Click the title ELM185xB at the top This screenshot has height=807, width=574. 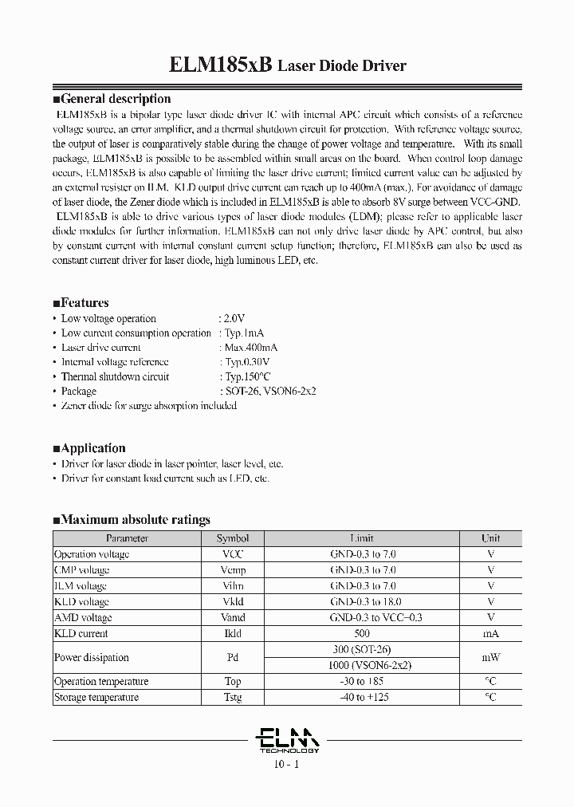click(x=222, y=65)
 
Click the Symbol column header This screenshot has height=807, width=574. click(x=233, y=538)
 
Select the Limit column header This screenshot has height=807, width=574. click(x=361, y=538)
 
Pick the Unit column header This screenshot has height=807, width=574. click(x=490, y=538)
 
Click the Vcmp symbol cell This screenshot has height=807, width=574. click(x=233, y=570)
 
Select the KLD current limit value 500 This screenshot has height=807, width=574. click(x=362, y=634)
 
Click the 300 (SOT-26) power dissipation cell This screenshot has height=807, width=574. click(x=361, y=649)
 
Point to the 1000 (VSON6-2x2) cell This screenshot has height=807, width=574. click(x=361, y=665)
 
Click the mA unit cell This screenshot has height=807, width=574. click(x=490, y=634)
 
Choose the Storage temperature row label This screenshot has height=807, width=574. click(x=96, y=697)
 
